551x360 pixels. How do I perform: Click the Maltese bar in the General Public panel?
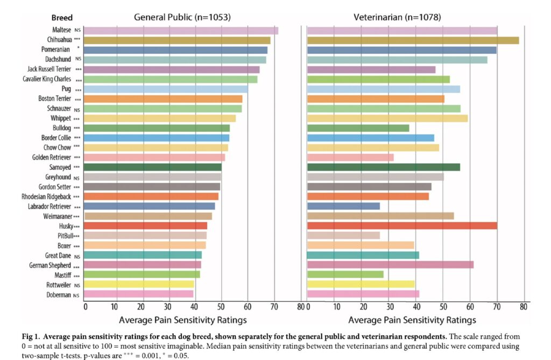click(x=181, y=31)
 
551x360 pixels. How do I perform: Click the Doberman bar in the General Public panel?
click(x=139, y=294)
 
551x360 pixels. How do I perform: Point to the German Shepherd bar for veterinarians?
click(x=390, y=265)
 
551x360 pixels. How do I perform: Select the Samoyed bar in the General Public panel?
click(x=153, y=167)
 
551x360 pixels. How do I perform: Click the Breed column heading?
click(x=62, y=18)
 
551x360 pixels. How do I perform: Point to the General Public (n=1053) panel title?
click(x=182, y=17)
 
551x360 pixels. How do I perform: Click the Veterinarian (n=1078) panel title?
click(x=397, y=17)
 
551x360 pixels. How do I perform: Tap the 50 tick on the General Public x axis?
click(x=221, y=307)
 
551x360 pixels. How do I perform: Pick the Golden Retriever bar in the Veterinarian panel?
click(x=350, y=157)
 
